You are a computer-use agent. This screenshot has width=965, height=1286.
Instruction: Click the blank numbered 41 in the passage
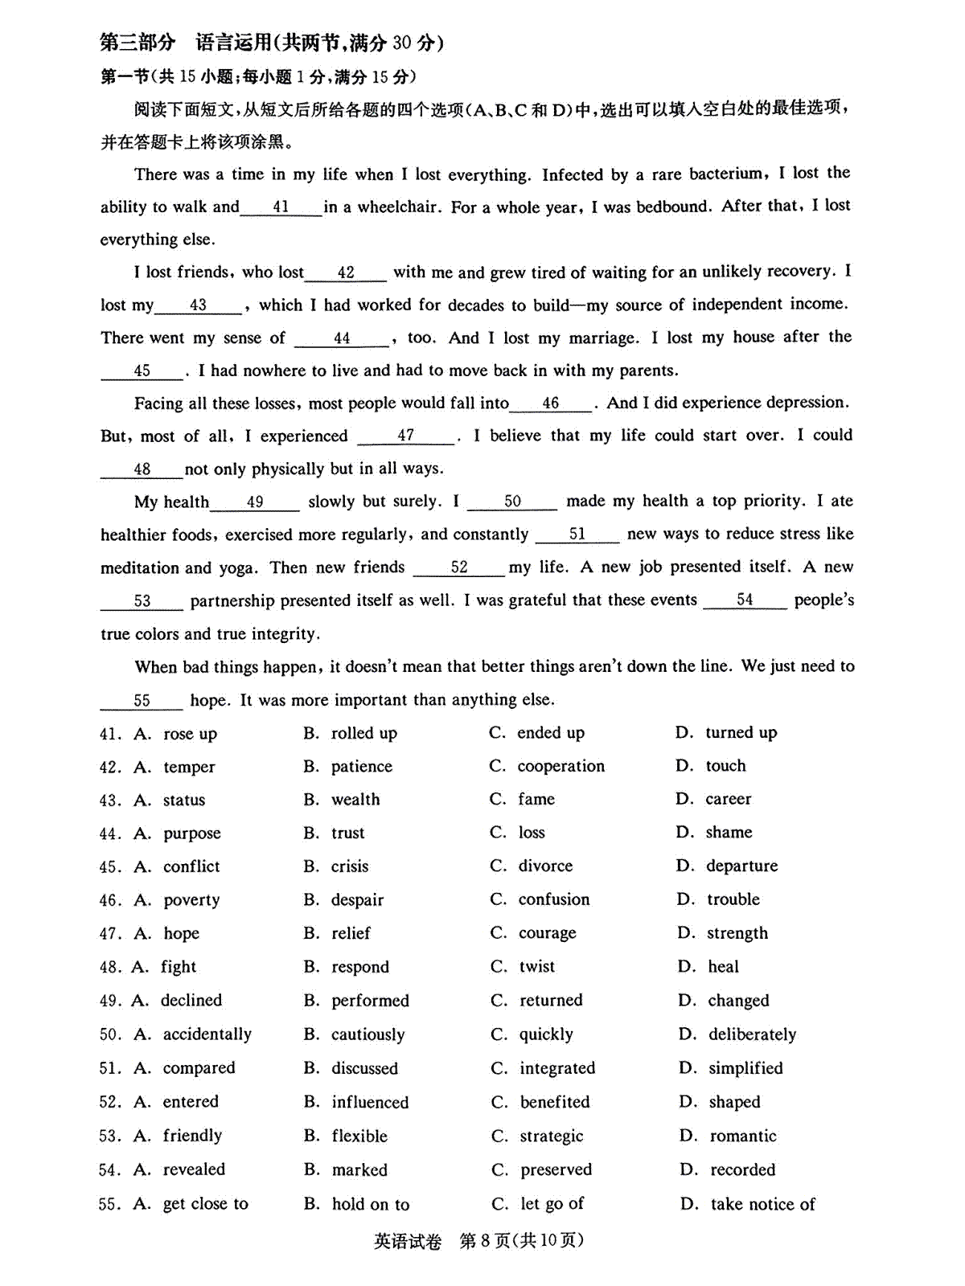281,207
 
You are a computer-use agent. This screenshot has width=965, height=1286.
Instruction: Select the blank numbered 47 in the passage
406,436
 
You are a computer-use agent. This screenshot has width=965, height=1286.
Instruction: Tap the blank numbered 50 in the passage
512,502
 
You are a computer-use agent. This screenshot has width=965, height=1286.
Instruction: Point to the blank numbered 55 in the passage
142,700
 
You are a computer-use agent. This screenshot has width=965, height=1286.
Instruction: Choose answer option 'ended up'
551,733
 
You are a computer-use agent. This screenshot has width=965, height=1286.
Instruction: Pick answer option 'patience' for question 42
362,767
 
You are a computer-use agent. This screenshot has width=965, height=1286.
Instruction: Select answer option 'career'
729,800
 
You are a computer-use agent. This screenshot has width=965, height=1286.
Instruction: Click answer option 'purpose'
191,833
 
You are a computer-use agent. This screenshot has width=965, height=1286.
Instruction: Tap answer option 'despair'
358,900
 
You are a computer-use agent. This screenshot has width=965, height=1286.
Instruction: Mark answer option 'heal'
724,967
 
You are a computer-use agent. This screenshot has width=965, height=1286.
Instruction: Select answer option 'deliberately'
753,1034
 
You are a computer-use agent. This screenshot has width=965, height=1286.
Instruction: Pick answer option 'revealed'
194,1169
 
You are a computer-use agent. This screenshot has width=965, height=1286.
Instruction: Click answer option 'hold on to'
371,1204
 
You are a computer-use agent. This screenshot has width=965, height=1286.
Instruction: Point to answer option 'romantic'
743,1136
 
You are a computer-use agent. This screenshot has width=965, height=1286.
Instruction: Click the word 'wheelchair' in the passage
398,207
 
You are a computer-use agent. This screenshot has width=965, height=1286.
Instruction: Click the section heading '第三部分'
137,43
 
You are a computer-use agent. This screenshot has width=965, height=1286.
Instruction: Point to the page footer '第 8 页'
484,1241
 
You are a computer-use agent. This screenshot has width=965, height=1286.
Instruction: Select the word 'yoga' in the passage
237,568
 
